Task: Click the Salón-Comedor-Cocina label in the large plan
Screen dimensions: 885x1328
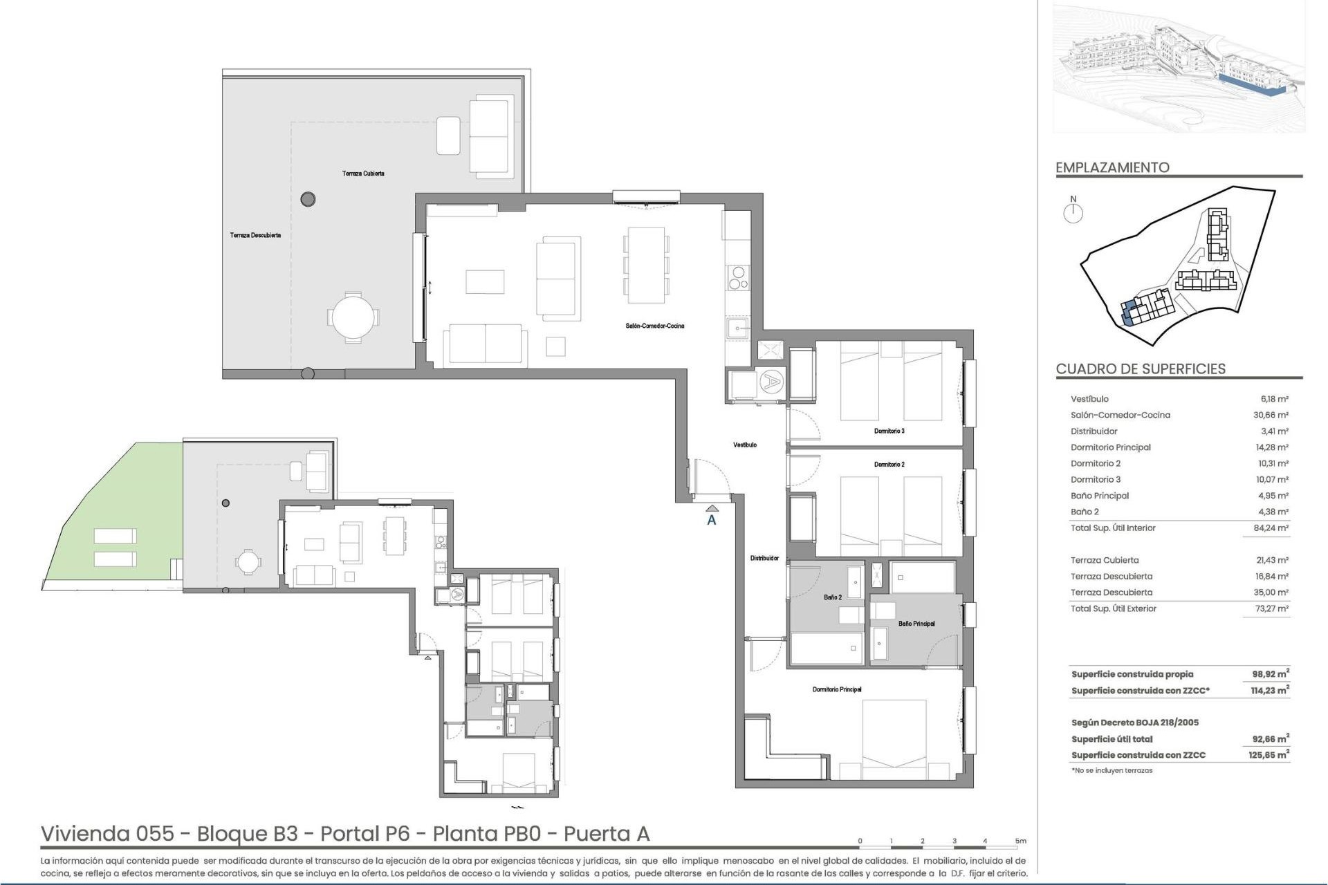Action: coord(654,326)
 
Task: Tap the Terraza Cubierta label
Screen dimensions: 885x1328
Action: coord(363,174)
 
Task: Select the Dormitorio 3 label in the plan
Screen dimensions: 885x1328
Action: coord(889,431)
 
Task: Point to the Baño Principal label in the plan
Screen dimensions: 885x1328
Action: coord(916,624)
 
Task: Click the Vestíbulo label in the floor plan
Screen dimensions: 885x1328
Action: coord(745,445)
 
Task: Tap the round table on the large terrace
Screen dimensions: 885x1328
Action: coord(353,317)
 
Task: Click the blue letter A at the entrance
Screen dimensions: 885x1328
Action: coord(711,521)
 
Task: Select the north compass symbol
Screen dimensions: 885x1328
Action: coord(1073,212)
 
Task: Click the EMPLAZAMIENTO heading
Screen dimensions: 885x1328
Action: coord(1112,167)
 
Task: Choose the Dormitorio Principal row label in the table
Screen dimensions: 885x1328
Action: coord(1110,447)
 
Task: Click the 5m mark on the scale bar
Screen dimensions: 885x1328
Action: coord(1021,841)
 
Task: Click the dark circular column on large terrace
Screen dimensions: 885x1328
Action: coord(308,200)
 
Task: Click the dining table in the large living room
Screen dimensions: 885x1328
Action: coord(646,265)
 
